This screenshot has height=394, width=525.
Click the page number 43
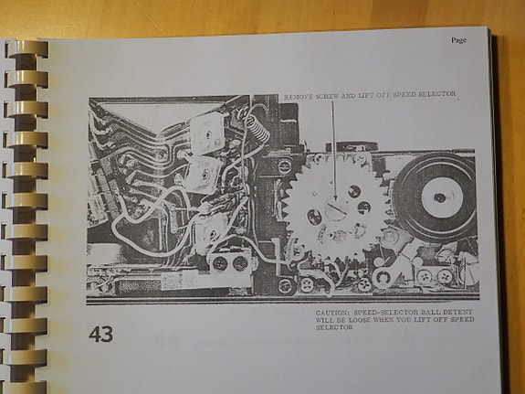click(x=101, y=334)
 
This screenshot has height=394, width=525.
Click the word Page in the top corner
click(x=458, y=40)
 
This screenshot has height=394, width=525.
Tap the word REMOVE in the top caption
click(x=298, y=95)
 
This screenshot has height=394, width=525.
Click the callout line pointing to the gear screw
click(x=333, y=146)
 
